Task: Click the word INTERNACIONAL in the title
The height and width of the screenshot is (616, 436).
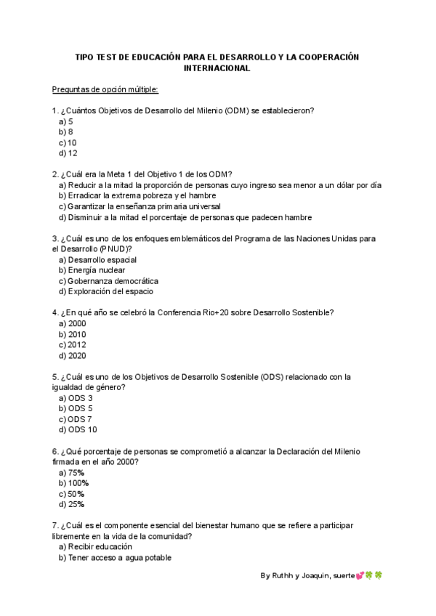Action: point(217,68)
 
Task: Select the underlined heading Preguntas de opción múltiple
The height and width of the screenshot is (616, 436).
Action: point(105,89)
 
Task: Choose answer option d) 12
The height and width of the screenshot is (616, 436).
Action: point(68,153)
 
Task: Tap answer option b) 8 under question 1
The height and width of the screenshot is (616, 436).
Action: point(65,132)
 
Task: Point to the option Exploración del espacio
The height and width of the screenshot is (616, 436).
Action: point(105,291)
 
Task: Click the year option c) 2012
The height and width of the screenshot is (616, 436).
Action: point(72,344)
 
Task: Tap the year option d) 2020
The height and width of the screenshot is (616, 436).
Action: point(72,355)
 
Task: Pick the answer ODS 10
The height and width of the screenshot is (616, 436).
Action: point(77,429)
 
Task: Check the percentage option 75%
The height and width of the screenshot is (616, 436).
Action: point(71,472)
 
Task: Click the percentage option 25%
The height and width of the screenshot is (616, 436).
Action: point(71,504)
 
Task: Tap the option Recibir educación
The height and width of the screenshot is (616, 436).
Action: point(95,546)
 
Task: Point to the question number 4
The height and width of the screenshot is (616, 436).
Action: point(55,312)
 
